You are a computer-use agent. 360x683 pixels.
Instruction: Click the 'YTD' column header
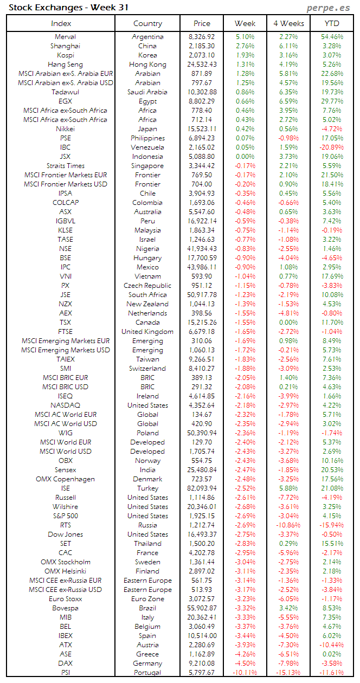click(332, 23)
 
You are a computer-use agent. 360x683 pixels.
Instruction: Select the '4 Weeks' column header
click(288, 23)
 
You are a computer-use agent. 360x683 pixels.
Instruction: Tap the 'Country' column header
click(147, 23)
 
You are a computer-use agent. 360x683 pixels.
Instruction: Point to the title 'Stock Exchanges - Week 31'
click(68, 8)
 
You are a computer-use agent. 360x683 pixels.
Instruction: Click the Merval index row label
click(65, 37)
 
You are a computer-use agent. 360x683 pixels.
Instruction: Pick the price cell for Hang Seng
click(202, 65)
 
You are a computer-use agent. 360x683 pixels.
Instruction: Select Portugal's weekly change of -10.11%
click(245, 673)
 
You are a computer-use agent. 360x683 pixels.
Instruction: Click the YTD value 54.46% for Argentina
click(332, 37)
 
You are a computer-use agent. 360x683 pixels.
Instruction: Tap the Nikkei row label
click(65, 129)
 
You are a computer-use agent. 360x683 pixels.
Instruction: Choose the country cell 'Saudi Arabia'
click(147, 92)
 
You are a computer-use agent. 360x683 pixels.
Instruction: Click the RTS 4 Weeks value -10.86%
click(288, 525)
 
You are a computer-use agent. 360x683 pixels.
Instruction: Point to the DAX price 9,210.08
click(202, 663)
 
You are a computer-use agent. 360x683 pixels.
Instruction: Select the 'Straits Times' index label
click(65, 166)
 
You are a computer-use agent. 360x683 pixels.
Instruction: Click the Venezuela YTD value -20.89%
click(331, 147)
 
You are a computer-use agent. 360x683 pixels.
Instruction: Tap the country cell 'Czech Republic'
click(147, 286)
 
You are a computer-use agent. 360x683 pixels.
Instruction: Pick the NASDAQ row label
click(65, 405)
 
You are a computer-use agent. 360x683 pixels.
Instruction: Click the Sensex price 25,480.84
click(202, 470)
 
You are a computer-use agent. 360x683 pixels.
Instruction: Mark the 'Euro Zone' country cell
click(147, 599)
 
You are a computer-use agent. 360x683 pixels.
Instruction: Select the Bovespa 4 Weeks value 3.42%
click(288, 608)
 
